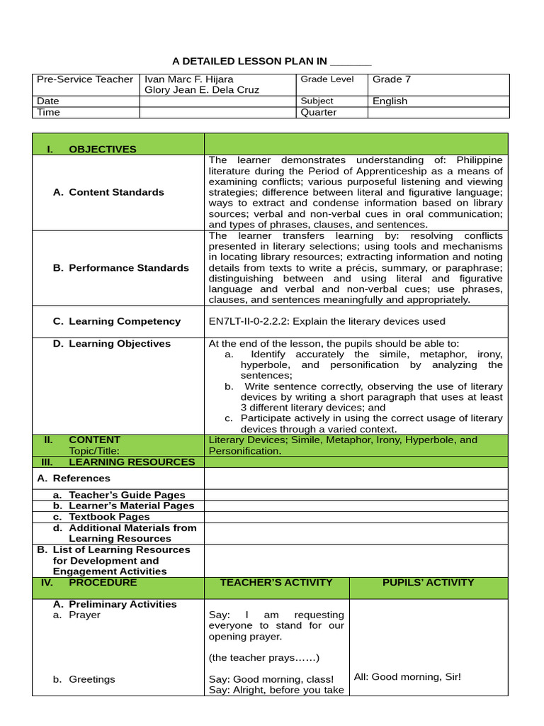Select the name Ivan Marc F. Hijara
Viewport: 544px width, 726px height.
tap(188, 79)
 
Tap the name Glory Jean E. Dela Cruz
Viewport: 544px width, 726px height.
tap(201, 90)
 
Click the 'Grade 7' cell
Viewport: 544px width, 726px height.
tap(392, 79)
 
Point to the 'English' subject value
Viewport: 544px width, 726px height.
tap(390, 101)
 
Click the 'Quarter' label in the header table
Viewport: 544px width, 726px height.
tap(319, 112)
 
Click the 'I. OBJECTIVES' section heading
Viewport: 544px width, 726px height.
tap(91, 149)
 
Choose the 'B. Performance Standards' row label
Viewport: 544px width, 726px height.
tap(120, 268)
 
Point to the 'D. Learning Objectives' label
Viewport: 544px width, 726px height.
tap(112, 344)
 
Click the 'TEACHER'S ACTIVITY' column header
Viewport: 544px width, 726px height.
tap(276, 583)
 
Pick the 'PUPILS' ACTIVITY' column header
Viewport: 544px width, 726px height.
tap(428, 583)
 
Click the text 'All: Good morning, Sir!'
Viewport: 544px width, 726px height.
tap(407, 677)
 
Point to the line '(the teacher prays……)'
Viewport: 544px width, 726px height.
tap(263, 658)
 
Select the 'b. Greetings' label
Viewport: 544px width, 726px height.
tap(84, 679)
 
